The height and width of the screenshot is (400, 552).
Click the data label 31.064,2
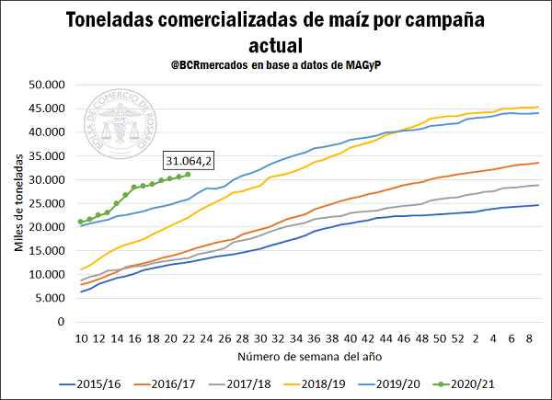tap(189, 162)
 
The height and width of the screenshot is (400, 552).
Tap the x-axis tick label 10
tap(82, 337)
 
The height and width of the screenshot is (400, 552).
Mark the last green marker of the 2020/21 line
tap(188, 174)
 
